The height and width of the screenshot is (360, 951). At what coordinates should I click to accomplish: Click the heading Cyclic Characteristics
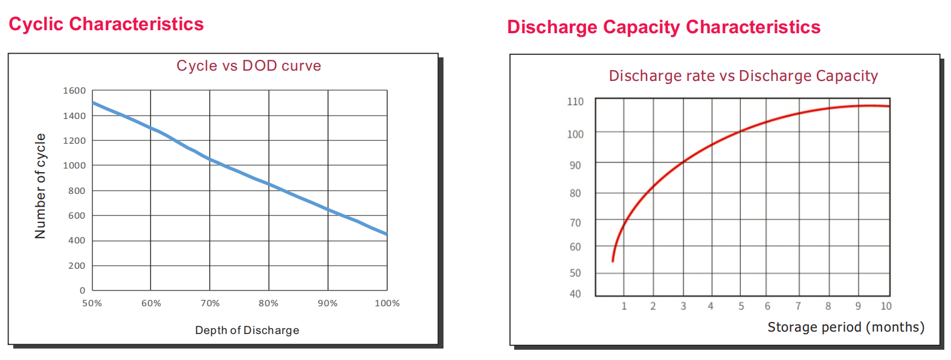coord(106,24)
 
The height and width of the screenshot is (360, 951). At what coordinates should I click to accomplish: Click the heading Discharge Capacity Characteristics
coord(663,27)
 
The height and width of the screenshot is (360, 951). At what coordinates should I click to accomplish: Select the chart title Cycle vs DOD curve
coord(248,66)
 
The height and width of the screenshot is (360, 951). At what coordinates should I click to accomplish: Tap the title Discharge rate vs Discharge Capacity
coord(743,76)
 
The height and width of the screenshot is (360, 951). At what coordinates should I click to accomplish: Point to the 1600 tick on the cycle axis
coord(74,91)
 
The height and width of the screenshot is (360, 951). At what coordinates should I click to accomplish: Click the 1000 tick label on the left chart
coord(74,166)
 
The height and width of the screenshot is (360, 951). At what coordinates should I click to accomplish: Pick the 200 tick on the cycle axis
coord(77,266)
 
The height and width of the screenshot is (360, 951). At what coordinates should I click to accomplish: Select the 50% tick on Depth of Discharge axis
coord(92,303)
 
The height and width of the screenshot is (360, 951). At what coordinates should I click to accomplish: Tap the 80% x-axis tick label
coord(268,303)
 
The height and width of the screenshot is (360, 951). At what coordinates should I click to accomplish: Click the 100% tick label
coord(387,303)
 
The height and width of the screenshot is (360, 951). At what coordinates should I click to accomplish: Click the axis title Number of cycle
coord(40,186)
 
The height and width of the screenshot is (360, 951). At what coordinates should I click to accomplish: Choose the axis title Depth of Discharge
coord(247,330)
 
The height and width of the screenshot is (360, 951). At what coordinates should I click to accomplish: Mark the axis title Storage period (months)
coord(845,327)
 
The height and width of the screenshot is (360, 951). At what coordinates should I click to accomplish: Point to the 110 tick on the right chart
coord(575,101)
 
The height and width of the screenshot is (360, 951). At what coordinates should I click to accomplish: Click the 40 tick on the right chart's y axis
coord(575,294)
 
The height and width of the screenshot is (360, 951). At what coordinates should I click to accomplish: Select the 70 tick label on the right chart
coord(575,223)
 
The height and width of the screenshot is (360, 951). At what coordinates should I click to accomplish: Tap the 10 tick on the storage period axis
coord(886,306)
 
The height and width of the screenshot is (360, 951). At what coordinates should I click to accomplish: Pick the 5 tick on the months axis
coord(741,306)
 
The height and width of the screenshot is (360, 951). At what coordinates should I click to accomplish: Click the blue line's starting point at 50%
coord(92,103)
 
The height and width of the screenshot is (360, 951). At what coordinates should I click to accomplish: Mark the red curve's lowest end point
coord(613,261)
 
